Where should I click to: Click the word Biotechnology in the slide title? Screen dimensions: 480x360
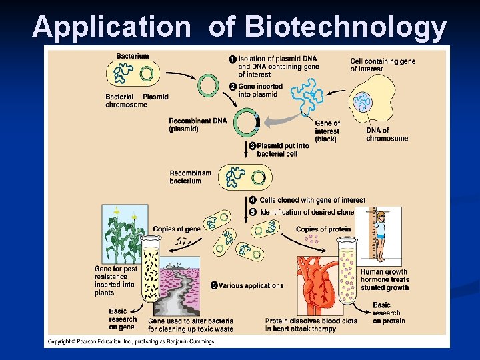345,27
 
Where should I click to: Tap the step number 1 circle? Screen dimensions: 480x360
232,59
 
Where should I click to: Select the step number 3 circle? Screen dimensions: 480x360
253,145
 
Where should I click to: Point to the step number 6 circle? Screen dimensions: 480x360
214,285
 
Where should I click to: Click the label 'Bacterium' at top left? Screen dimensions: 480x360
133,56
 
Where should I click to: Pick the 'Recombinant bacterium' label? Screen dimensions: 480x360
190,177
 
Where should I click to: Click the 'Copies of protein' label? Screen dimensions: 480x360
323,229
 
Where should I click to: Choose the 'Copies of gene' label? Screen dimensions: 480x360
177,229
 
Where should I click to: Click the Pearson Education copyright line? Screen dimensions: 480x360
130,342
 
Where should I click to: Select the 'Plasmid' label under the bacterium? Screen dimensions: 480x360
155,97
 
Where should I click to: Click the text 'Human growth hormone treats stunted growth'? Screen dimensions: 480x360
385,279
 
